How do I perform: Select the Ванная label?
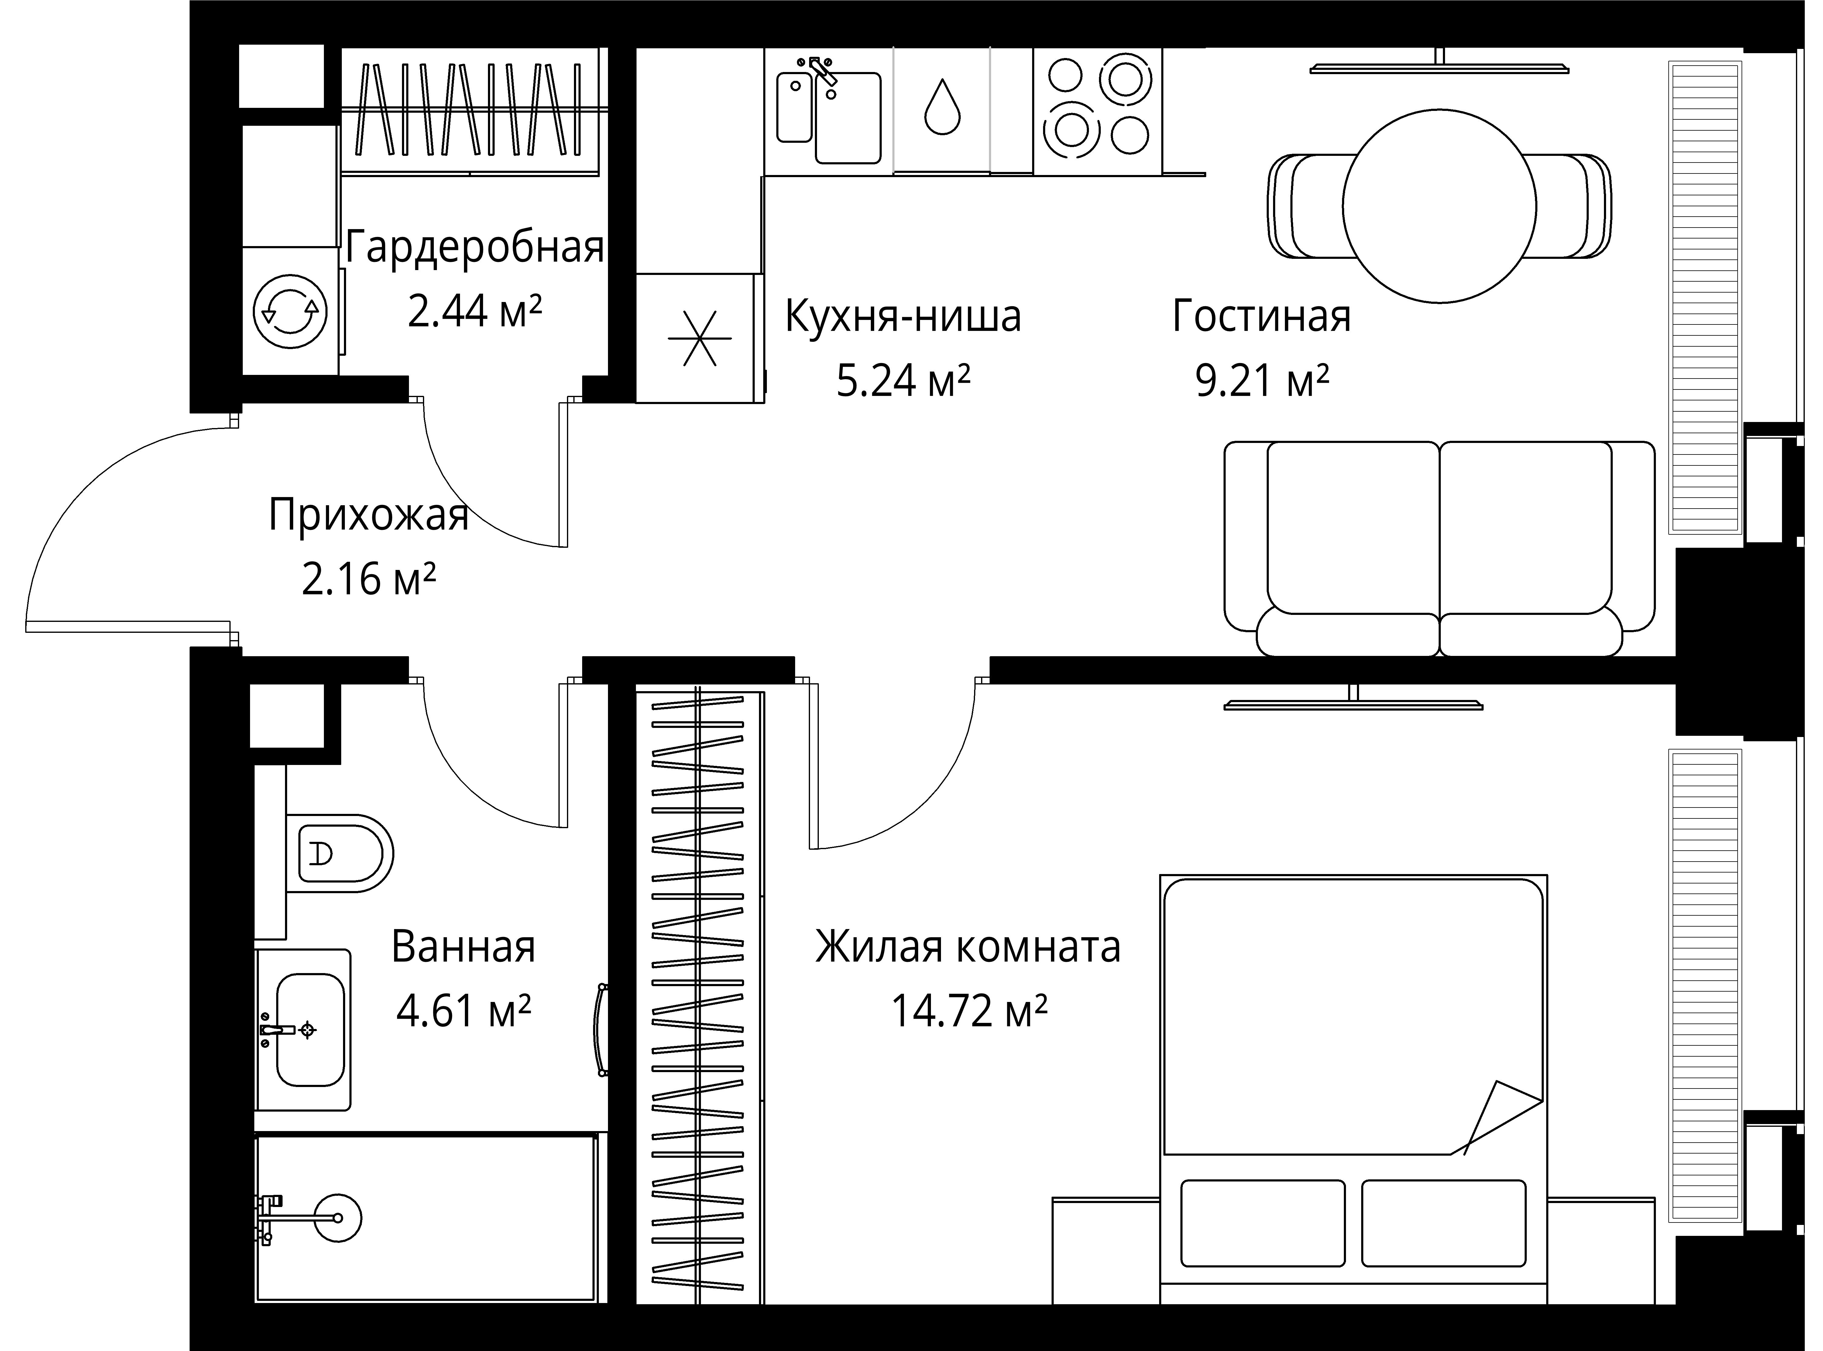coord(463,947)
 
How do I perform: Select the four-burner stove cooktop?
coord(1097,110)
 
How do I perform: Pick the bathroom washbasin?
coord(309,1029)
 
